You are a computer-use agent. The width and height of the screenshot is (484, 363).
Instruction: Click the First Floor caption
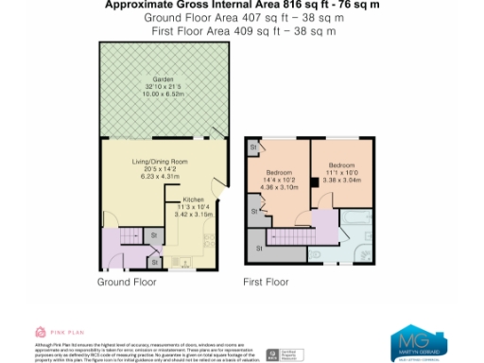(266, 282)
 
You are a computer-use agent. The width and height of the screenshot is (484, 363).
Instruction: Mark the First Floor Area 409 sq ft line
(242, 31)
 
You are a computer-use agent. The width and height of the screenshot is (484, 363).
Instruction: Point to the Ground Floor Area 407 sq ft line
(242, 18)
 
